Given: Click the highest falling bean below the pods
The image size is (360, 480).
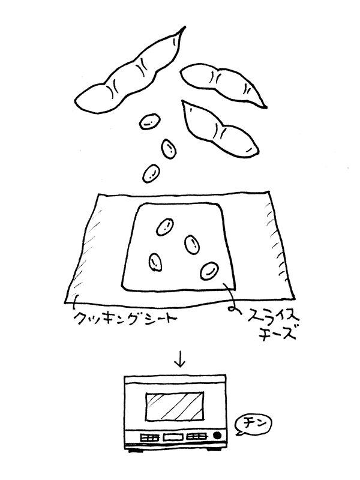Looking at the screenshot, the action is click(148, 122).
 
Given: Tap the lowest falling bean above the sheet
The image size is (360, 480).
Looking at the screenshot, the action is click(151, 173).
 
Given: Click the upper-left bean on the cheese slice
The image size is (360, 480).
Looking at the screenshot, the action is click(163, 226).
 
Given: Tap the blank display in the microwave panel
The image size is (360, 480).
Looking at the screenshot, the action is click(173, 437).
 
